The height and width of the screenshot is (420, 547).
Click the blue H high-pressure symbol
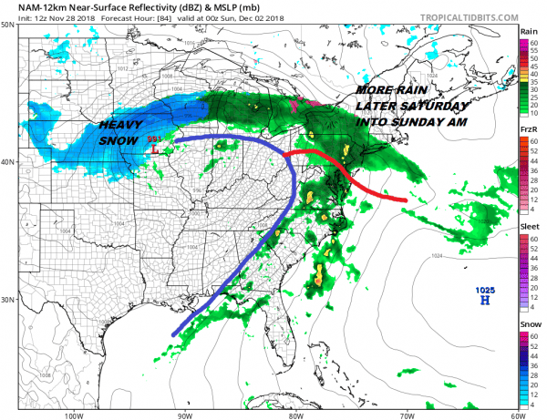[x=484, y=301]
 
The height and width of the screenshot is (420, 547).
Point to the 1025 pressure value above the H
[x=484, y=290]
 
